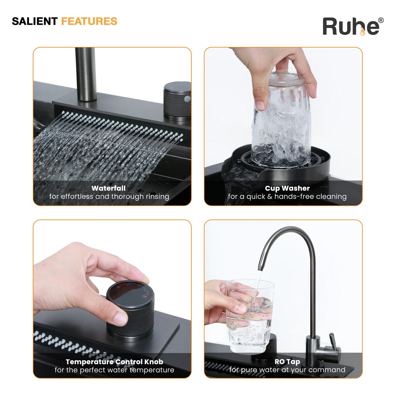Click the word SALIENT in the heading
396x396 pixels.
point(35,22)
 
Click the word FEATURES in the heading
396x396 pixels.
point(89,22)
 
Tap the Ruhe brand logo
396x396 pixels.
point(353,26)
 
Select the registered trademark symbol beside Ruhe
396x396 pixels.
point(381,20)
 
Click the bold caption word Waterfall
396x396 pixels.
point(109,188)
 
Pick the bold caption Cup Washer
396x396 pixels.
point(287,189)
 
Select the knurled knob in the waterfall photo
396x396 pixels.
point(177,101)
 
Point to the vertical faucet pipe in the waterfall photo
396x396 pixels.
point(86,74)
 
